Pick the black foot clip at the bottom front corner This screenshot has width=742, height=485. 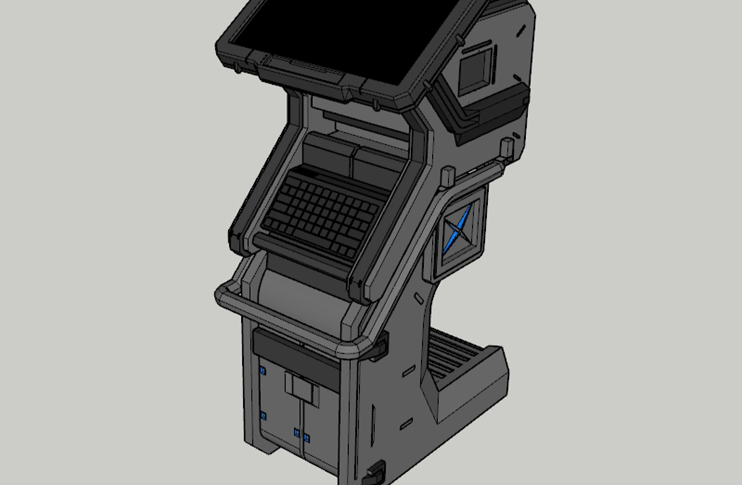coord(375,473)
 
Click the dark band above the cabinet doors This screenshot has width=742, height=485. coord(296,353)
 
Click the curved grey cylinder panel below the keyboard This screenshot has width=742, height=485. coord(297,291)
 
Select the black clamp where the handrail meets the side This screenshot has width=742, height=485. coord(378,346)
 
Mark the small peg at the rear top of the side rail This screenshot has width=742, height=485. coord(506,147)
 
